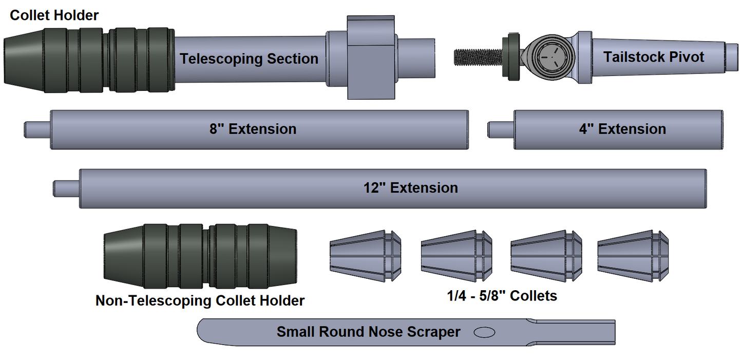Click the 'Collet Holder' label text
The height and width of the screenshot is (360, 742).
(x=54, y=15)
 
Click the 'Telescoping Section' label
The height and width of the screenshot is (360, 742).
(x=249, y=59)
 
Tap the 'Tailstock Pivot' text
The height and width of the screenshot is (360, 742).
(x=653, y=56)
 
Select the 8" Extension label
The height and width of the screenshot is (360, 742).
(x=253, y=129)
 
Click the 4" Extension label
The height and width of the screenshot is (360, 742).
(x=622, y=129)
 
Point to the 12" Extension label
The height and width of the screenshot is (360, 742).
(x=411, y=188)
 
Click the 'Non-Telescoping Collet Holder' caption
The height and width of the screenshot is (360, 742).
(x=200, y=300)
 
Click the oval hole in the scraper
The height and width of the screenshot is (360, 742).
(x=484, y=332)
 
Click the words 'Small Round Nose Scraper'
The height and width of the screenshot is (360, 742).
(x=368, y=332)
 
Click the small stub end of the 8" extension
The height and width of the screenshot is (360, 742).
(x=37, y=129)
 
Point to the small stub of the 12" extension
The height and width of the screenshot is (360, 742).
(x=66, y=188)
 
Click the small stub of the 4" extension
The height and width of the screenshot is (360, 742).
(x=501, y=129)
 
